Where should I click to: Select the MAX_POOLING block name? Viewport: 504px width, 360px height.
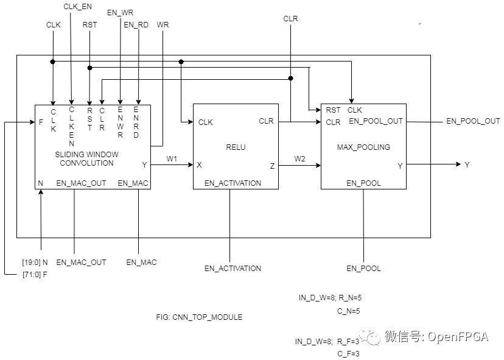point(363,147)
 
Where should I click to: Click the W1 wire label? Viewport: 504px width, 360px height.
point(172,159)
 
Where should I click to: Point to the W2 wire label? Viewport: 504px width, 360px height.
point(299,159)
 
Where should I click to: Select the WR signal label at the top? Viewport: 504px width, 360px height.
point(163,25)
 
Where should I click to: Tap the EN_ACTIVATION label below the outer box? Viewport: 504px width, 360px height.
point(233,268)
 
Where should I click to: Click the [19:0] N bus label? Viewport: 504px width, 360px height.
point(35,263)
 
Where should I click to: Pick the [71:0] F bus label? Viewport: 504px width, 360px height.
point(35,275)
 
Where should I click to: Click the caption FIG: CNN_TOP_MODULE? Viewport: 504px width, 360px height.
point(199,317)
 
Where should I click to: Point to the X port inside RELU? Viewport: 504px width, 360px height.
point(200,164)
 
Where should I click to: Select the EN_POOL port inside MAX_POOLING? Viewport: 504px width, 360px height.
point(363,183)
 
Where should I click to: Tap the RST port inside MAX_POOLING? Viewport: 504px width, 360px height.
point(333,110)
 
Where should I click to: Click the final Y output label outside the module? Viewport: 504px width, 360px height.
point(467,164)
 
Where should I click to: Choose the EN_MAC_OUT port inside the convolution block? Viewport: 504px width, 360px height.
point(81,183)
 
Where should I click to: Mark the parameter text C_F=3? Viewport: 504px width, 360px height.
point(349,353)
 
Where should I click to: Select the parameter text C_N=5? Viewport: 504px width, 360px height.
point(349,311)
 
